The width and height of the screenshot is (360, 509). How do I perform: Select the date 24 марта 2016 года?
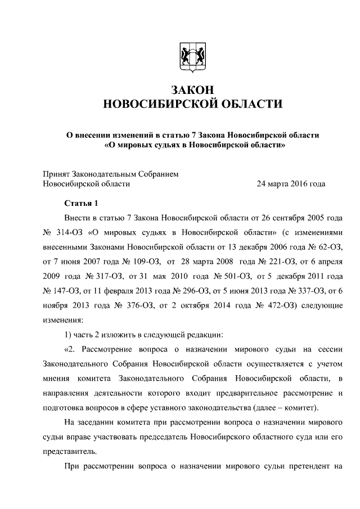coord(291,183)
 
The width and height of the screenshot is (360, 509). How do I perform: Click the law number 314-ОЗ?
coord(70,232)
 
